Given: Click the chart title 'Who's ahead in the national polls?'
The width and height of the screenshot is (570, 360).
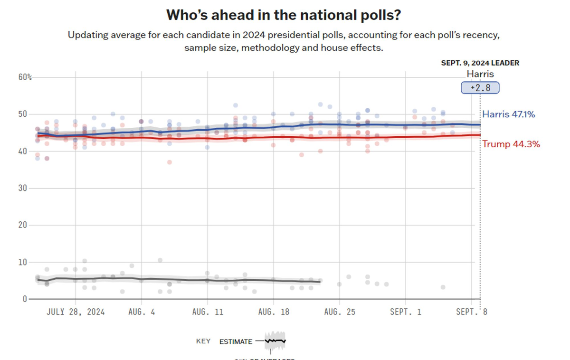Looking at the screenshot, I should (x=283, y=15).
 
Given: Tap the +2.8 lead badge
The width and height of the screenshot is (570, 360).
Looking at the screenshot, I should (x=480, y=88).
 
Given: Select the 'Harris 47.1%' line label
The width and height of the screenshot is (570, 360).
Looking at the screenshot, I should (x=509, y=114).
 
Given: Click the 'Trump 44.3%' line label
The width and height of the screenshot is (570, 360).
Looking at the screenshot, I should (x=511, y=144).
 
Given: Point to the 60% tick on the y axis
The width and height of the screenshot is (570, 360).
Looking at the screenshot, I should (x=26, y=77).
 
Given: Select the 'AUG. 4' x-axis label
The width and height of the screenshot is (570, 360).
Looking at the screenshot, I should (x=141, y=312).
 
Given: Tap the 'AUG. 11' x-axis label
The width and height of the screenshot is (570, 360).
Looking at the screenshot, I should (x=207, y=312).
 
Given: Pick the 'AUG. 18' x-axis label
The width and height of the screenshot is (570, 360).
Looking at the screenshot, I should (x=273, y=312).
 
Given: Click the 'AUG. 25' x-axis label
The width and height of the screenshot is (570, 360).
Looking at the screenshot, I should (x=339, y=312).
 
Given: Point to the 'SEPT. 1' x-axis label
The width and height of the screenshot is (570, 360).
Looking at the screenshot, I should (x=405, y=312).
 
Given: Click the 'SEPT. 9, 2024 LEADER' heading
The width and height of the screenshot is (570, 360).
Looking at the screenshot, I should (x=480, y=63).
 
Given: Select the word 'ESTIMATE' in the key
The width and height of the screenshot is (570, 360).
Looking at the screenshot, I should (x=236, y=341).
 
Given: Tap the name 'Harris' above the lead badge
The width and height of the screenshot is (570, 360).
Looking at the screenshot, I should (x=480, y=74).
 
